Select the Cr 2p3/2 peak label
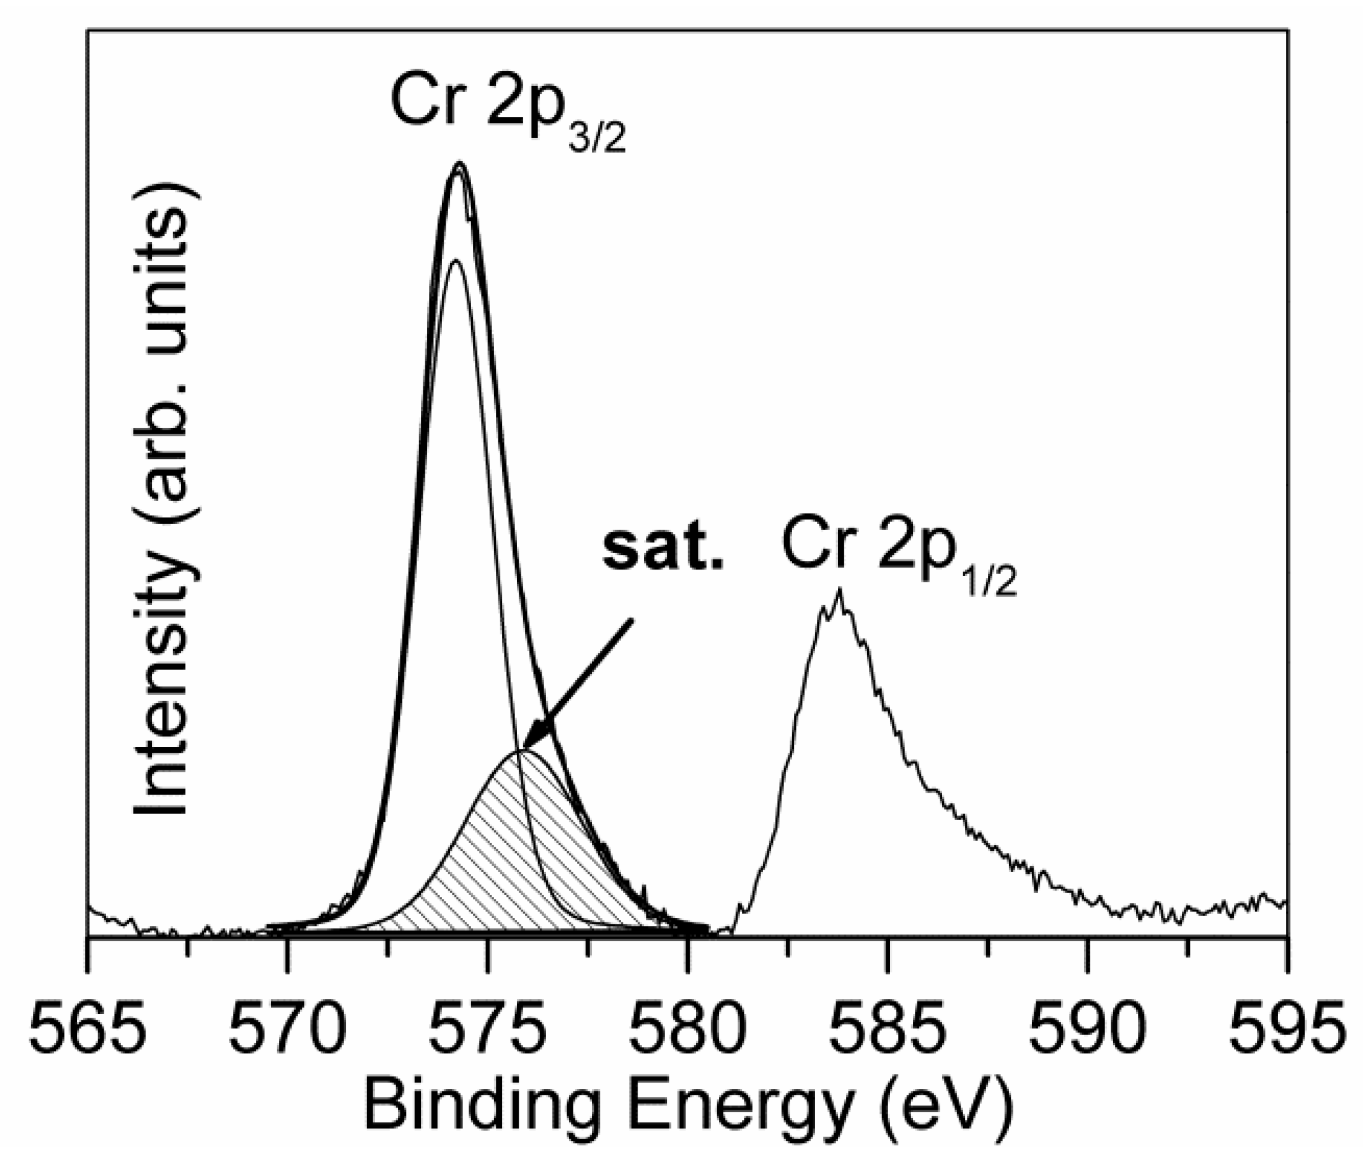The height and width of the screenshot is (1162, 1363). tap(507, 109)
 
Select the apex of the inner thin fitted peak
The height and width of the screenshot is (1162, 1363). tap(456, 262)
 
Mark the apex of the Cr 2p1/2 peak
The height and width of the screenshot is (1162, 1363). tap(839, 590)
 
